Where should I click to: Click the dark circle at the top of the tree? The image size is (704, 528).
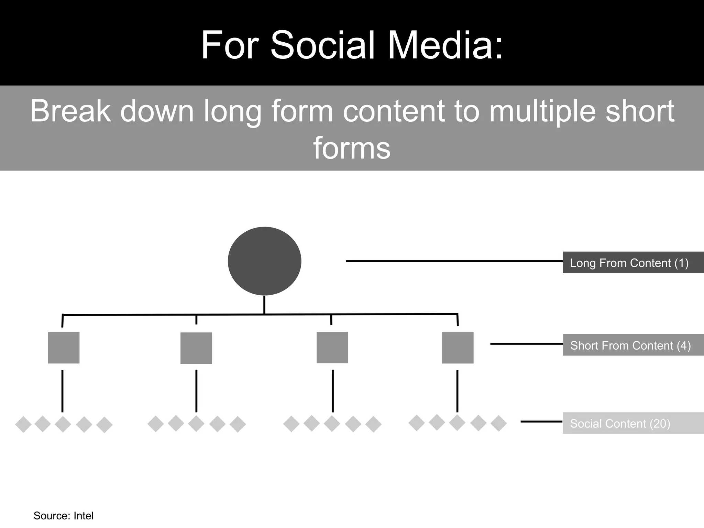tap(264, 261)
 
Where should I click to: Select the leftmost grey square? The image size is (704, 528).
tap(64, 348)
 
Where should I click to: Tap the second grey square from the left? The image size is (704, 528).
tap(196, 348)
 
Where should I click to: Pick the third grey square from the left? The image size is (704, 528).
tap(332, 347)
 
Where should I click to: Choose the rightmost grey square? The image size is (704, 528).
tap(458, 348)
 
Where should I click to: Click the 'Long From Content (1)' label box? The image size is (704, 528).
tap(633, 263)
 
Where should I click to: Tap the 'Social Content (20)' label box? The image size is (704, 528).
tap(633, 423)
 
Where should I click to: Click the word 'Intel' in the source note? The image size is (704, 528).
tap(84, 516)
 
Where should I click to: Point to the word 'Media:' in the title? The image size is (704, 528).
tap(445, 45)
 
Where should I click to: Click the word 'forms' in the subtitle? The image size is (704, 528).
tap(352, 148)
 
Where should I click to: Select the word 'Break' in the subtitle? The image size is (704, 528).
tap(70, 111)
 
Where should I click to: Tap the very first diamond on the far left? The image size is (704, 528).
tap(23, 425)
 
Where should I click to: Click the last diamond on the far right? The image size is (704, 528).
tap(498, 423)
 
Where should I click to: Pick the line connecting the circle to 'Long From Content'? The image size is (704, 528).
tap(454, 261)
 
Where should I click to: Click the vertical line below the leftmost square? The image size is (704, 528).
tap(62, 391)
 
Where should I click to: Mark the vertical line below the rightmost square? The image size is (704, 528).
tap(457, 391)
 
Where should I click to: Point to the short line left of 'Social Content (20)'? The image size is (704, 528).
tap(541, 421)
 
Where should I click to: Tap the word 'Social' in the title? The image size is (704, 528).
tap(323, 45)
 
